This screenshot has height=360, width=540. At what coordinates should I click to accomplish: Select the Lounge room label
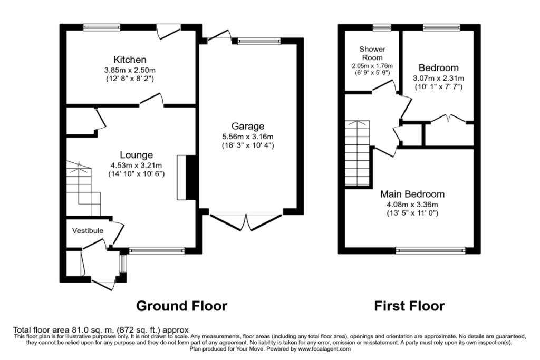136,155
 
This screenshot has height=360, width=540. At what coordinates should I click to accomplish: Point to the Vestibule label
88,231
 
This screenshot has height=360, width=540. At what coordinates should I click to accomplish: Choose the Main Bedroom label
412,194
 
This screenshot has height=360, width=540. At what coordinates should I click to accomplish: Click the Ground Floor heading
181,306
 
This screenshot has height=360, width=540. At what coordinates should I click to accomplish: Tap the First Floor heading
409,306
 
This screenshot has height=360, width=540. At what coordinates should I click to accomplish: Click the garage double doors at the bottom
246,221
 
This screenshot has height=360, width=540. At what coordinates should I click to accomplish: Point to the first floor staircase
359,152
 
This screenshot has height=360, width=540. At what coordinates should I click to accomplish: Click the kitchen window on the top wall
102,27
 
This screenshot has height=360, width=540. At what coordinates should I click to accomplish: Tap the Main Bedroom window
431,251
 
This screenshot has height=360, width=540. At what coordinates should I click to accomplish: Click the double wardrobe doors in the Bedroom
448,120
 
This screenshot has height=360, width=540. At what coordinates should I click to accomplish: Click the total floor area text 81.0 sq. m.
100,330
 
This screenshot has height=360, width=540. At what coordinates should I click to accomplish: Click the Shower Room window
379,27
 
